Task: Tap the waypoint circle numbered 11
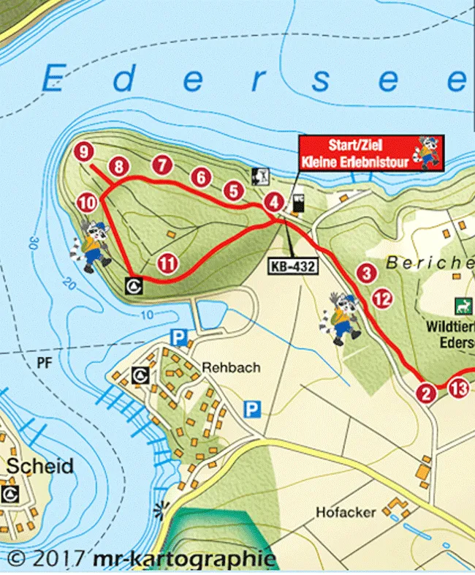168,263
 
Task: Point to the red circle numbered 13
459,389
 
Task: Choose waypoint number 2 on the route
426,394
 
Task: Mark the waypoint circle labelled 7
161,165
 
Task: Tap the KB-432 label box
293,266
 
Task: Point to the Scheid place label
40,466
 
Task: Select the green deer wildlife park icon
461,303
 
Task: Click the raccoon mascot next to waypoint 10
94,246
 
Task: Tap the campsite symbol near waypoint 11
134,285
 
